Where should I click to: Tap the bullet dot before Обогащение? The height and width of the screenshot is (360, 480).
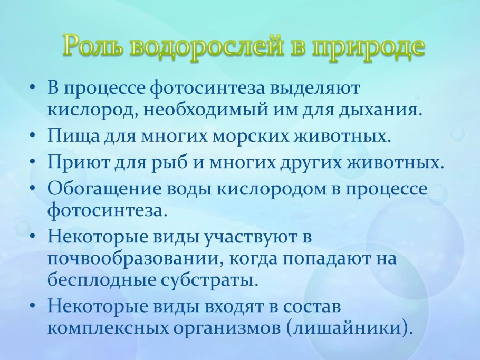[33, 187]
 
